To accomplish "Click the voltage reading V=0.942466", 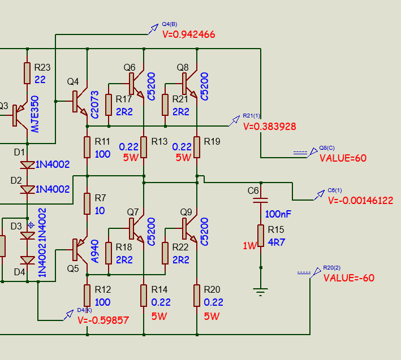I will click(x=188, y=34).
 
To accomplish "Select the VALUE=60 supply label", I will click(x=343, y=158).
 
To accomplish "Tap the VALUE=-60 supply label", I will click(x=348, y=278).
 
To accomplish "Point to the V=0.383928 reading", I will click(x=269, y=127).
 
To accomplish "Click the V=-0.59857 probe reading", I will click(x=103, y=320).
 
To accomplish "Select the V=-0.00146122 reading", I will click(x=360, y=201).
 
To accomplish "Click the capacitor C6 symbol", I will click(x=260, y=201).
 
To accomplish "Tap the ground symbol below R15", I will click(x=260, y=292).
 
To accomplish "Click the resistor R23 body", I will click(x=27, y=73).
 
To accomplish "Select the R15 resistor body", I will click(x=260, y=236).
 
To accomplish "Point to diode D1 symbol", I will click(x=27, y=164).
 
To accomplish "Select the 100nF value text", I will click(x=278, y=215).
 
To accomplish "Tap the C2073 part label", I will click(x=94, y=105).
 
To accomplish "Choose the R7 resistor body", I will click(x=87, y=204).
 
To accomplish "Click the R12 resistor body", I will click(x=87, y=294).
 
